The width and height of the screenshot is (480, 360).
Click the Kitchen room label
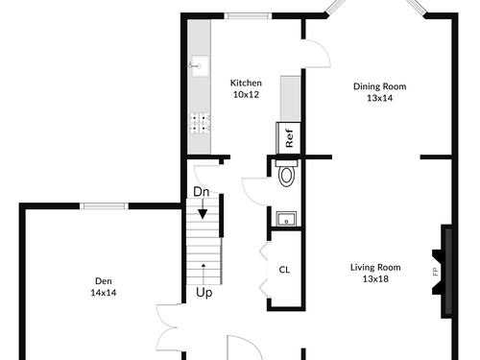(246, 84)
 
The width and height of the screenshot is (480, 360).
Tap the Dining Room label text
(379, 86)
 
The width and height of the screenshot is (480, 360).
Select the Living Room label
(375, 268)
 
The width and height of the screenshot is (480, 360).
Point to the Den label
(104, 281)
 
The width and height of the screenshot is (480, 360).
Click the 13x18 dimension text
(375, 279)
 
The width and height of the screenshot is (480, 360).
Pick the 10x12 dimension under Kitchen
(246, 95)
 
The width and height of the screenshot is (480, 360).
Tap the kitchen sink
(200, 66)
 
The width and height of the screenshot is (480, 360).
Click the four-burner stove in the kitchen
(200, 123)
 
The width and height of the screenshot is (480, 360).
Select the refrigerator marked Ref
(289, 138)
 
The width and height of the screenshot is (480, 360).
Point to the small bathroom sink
(286, 219)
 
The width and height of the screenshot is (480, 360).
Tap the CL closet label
(284, 270)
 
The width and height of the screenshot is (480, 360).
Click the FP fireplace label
(435, 272)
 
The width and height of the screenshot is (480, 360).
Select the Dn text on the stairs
(202, 192)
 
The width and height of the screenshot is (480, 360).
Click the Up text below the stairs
(204, 293)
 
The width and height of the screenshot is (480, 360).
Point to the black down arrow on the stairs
(203, 208)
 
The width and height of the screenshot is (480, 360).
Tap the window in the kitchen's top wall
(248, 16)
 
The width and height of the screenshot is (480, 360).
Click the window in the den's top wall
(104, 206)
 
